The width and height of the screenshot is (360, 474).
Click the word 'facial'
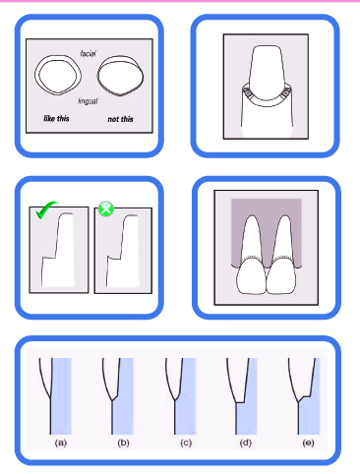88,53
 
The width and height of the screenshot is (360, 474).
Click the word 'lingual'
88,101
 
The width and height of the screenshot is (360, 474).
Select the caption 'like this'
56,118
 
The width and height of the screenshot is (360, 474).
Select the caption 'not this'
120,119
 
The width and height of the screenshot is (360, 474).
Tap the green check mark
45,209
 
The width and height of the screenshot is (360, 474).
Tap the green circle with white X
106,208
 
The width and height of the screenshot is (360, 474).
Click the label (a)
61,444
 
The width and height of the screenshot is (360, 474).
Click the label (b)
123,444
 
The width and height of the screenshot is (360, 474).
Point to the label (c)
186,444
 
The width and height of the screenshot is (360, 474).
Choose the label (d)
246,444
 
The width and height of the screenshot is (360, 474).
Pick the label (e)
308,444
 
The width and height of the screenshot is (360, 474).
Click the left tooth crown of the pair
252,276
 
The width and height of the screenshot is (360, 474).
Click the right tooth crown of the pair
281,276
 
